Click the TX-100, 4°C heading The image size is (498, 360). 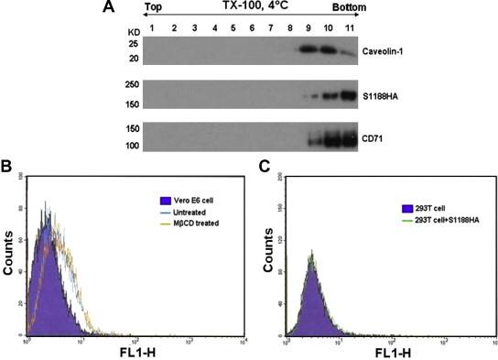[x=254, y=7]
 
